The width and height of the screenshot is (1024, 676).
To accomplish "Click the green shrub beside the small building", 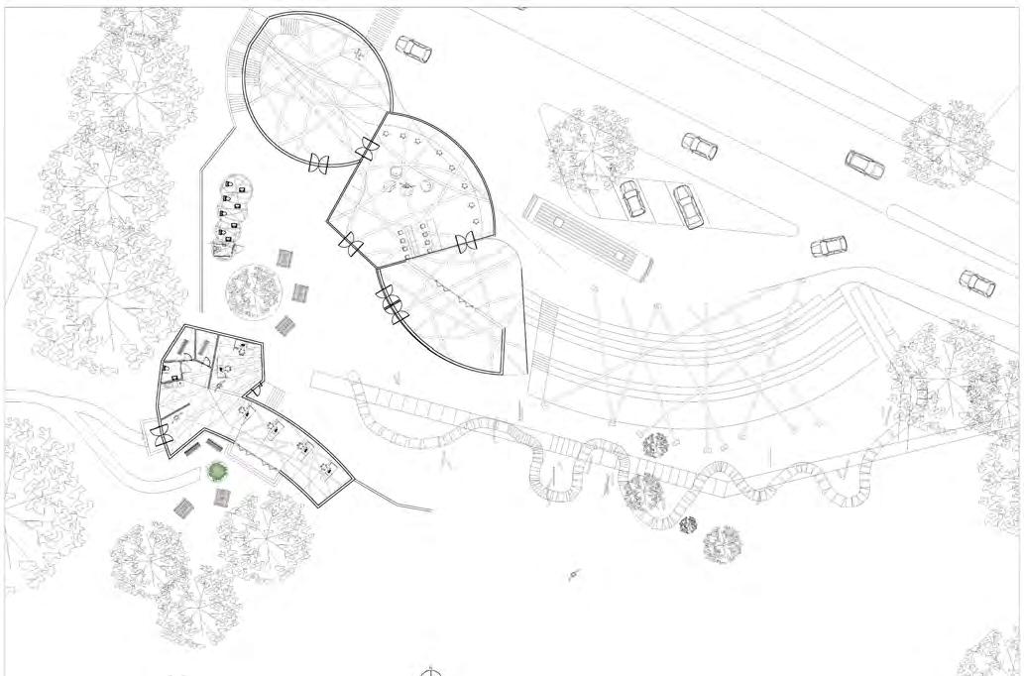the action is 217,471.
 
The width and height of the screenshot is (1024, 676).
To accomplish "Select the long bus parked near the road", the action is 587,236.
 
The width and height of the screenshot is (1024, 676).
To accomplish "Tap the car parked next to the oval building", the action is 413,49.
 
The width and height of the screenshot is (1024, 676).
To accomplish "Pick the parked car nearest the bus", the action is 632,198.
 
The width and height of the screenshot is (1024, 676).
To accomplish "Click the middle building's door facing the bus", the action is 465,242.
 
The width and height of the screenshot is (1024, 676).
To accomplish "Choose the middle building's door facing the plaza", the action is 350,242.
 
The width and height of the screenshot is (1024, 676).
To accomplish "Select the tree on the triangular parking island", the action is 592,146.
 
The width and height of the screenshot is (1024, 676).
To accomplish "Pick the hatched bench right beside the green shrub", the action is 225,499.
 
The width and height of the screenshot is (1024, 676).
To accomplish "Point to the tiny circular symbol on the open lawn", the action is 573,575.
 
